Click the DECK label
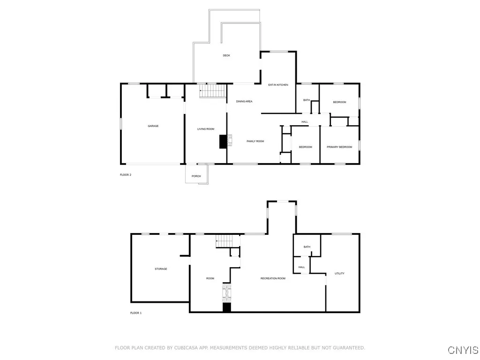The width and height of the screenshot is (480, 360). [226, 56]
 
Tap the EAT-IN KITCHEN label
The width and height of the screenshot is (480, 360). [278, 85]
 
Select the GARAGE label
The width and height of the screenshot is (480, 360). [153, 126]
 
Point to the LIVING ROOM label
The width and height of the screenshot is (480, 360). [206, 129]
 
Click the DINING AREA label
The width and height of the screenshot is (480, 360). [244, 101]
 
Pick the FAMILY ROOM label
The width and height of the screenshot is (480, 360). [255, 141]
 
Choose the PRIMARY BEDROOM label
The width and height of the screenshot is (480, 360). [339, 147]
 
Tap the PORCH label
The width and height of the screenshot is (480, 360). [196, 176]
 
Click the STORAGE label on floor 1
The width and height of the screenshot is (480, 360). [161, 269]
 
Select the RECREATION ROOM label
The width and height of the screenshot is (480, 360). [273, 278]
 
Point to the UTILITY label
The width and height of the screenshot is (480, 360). [339, 273]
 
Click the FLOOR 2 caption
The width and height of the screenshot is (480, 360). [126, 175]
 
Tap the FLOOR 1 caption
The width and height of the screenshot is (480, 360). [135, 313]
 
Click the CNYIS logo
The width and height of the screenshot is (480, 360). [463, 350]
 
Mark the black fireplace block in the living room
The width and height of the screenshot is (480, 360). [223, 142]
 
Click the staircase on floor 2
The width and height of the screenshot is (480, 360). [213, 91]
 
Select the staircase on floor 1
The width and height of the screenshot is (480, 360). [224, 242]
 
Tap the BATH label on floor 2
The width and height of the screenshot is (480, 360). [307, 100]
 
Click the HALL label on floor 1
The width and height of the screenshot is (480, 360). [301, 267]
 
